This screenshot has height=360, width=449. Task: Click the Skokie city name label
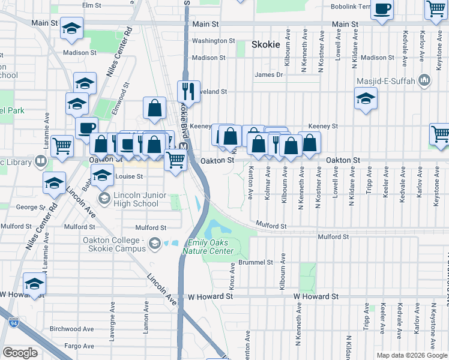coord(267,44)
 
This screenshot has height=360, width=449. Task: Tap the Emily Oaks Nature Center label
coord(209,247)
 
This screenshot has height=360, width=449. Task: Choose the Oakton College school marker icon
coord(155,243)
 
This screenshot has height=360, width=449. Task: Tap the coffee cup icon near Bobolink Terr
coord(382,10)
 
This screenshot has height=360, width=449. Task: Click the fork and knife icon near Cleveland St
coord(188,91)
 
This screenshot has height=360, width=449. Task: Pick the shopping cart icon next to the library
coord(62,146)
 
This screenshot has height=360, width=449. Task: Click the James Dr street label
coord(268,74)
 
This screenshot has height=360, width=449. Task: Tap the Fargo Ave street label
coord(79,346)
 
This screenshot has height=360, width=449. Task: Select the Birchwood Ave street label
coord(72,329)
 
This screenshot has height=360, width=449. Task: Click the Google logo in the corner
coord(20,353)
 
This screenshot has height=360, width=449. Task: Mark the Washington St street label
coord(213,41)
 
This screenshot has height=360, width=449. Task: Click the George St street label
coord(27,207)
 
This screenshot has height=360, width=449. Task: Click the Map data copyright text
coord(411,355)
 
